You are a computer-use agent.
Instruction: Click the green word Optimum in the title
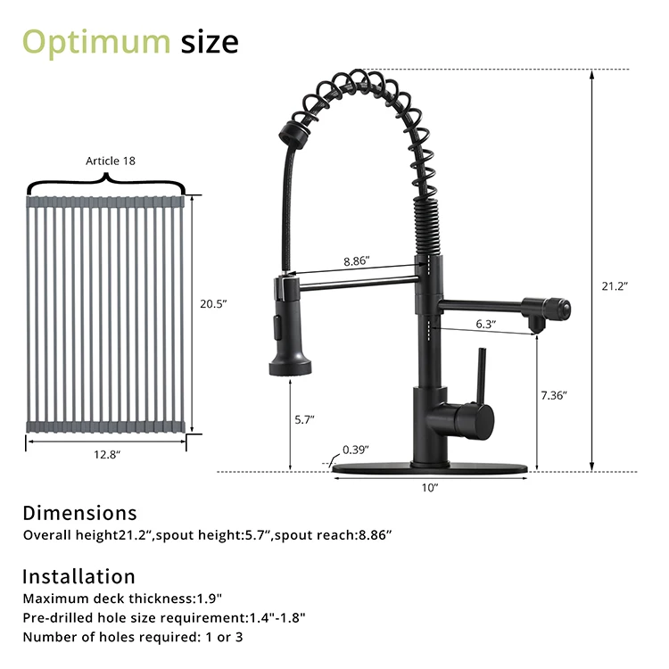tap(95, 41)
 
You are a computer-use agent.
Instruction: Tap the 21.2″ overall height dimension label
tap(615, 286)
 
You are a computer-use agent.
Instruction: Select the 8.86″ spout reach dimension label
tap(356, 262)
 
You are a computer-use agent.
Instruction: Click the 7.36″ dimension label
tap(554, 394)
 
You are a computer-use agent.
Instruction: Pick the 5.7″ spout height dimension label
tap(303, 417)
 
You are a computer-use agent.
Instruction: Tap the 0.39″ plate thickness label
tap(357, 451)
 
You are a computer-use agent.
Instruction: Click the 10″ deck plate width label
tap(430, 487)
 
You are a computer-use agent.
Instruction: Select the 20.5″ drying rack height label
tap(213, 303)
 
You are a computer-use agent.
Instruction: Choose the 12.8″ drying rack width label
tap(107, 455)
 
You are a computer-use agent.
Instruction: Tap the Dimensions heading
tap(79, 513)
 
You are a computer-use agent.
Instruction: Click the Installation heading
tap(78, 576)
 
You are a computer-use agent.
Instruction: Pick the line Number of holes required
tap(133, 636)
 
